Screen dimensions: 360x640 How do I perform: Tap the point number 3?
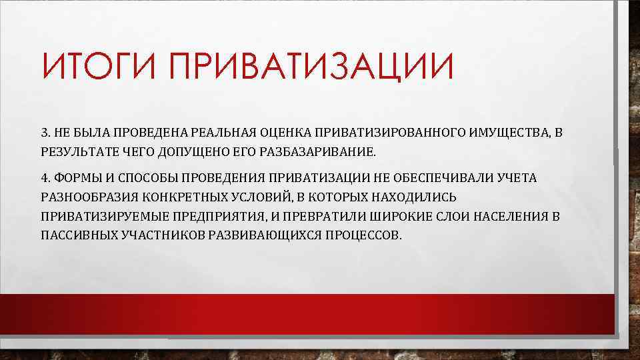[x=44, y=133]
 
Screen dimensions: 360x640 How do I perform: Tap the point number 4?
[x=44, y=178]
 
